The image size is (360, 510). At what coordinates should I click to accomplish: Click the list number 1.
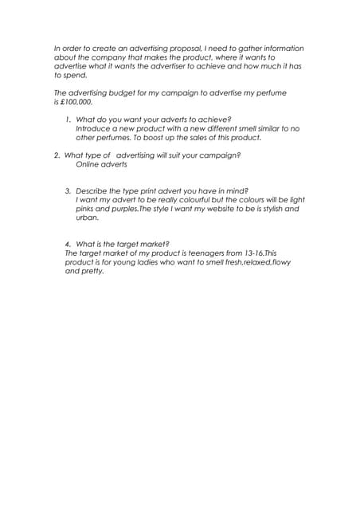(68, 120)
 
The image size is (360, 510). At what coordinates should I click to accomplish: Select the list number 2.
(57, 155)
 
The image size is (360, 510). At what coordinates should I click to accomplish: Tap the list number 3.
(68, 191)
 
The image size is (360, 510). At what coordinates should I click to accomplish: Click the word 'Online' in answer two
(88, 164)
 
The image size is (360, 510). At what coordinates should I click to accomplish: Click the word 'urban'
(87, 218)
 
